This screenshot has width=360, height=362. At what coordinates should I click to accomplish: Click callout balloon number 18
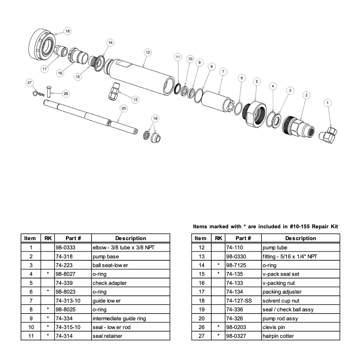point(67,31)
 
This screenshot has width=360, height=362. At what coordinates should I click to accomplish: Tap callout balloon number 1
point(327,103)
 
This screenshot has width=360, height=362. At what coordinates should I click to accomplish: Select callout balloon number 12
point(148,52)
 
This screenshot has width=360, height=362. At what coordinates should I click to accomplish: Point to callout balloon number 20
point(123,108)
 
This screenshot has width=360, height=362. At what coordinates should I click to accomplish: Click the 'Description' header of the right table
point(300,238)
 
